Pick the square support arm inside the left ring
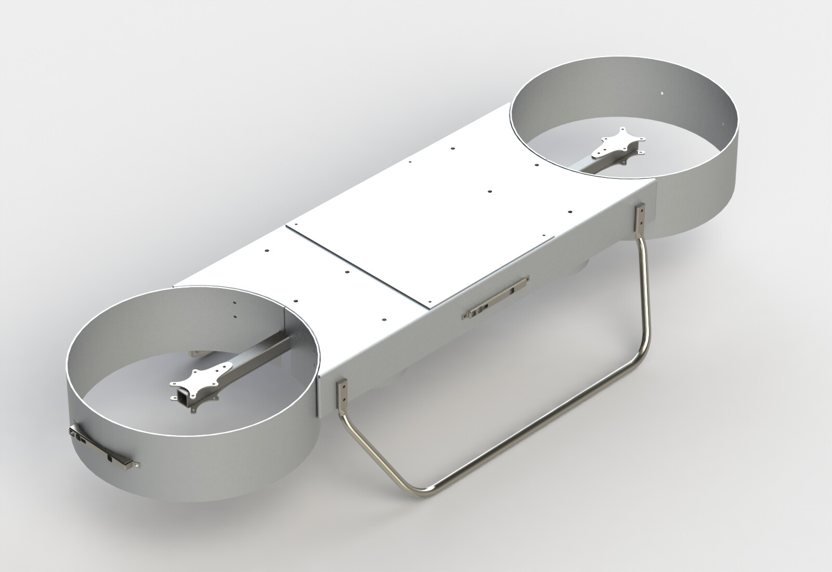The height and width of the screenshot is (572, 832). click(x=260, y=354)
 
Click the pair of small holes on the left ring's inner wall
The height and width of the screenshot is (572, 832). click(x=235, y=309)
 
